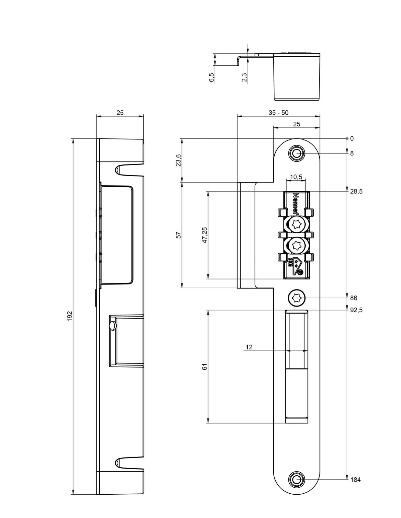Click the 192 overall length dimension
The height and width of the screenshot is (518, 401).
point(70,316)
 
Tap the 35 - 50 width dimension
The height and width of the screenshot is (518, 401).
point(278,112)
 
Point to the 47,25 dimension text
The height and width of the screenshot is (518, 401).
point(205,235)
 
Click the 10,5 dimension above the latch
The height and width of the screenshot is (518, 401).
point(296,177)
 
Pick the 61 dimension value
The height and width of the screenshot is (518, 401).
point(205,367)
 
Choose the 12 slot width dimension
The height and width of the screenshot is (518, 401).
point(249,347)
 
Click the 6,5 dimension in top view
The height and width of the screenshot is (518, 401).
point(212,77)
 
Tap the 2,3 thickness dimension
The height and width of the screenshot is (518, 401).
point(245,77)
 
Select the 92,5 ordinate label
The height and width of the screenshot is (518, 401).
point(356,310)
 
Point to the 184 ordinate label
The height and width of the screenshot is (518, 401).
point(355,480)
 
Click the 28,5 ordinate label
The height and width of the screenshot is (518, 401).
point(356,191)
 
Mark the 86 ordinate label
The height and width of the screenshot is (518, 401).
point(354,298)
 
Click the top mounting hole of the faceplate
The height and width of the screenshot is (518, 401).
point(296,153)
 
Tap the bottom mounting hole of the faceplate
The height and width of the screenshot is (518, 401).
point(296,480)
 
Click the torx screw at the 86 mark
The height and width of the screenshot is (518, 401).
point(296,298)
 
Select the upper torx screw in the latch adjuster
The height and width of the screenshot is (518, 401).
point(296,224)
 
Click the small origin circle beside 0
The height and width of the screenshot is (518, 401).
point(347,138)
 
